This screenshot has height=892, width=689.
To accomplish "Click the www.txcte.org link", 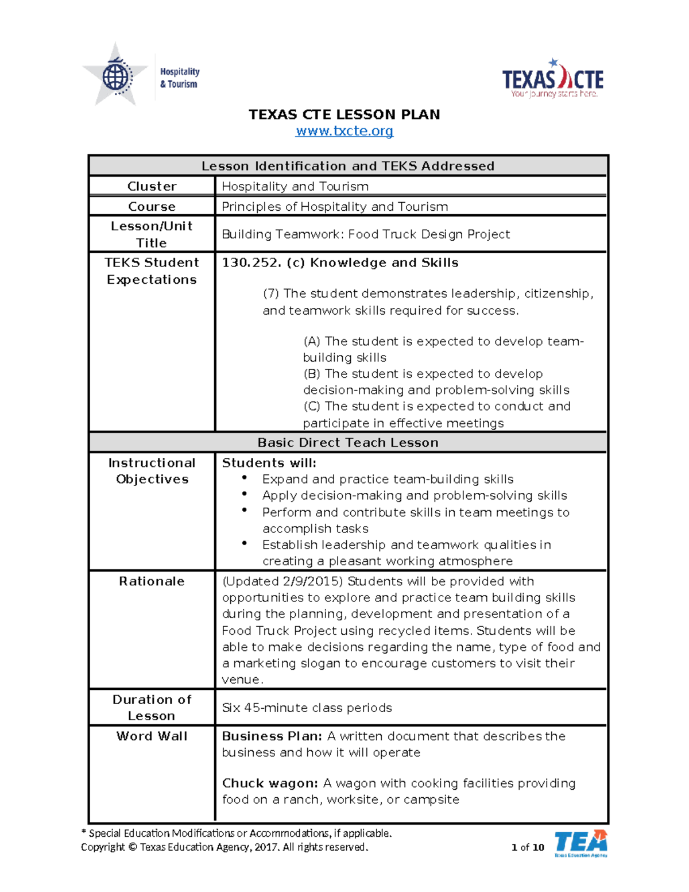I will (344, 131).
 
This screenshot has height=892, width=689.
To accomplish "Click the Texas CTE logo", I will (552, 79).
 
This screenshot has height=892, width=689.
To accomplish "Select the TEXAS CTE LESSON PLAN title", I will (344, 114).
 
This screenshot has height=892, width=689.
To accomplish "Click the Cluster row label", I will (152, 186).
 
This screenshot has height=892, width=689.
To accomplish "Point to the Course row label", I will (152, 206).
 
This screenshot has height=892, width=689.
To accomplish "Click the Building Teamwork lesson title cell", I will (366, 234).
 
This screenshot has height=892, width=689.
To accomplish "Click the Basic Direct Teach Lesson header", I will (348, 442).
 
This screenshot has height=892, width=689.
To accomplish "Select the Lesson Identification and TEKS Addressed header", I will (348, 166).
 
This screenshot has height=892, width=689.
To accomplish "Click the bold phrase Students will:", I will (269, 463).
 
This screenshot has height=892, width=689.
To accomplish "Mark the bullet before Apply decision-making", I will (245, 494).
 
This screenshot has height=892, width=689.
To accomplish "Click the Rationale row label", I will (152, 581).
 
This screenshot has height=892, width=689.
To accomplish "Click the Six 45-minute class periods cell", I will (307, 708).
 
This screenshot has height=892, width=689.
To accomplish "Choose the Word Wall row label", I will (152, 736).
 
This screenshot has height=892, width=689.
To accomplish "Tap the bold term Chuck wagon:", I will (269, 783).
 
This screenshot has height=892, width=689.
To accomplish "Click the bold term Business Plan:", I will (272, 736).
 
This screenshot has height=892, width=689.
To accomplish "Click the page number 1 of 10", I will (527, 847).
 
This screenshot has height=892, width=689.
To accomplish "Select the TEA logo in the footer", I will (580, 843).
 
